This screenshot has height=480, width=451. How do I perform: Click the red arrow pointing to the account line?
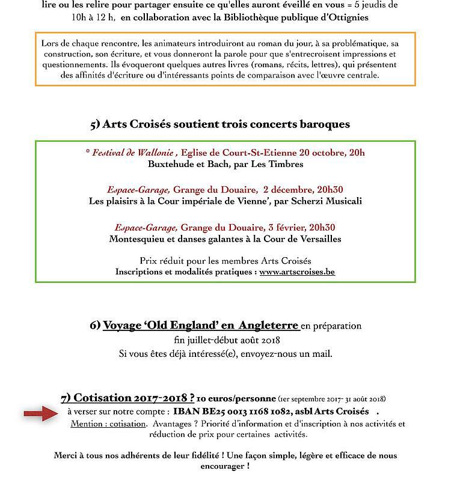[40, 414]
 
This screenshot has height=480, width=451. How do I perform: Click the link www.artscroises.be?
[297, 272]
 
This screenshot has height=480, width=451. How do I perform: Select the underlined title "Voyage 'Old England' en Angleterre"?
[200, 326]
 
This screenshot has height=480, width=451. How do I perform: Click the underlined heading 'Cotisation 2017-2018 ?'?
[128, 398]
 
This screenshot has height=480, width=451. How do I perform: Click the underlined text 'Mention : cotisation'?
[108, 424]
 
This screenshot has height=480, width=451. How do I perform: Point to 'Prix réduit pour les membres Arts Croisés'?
[226, 261]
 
